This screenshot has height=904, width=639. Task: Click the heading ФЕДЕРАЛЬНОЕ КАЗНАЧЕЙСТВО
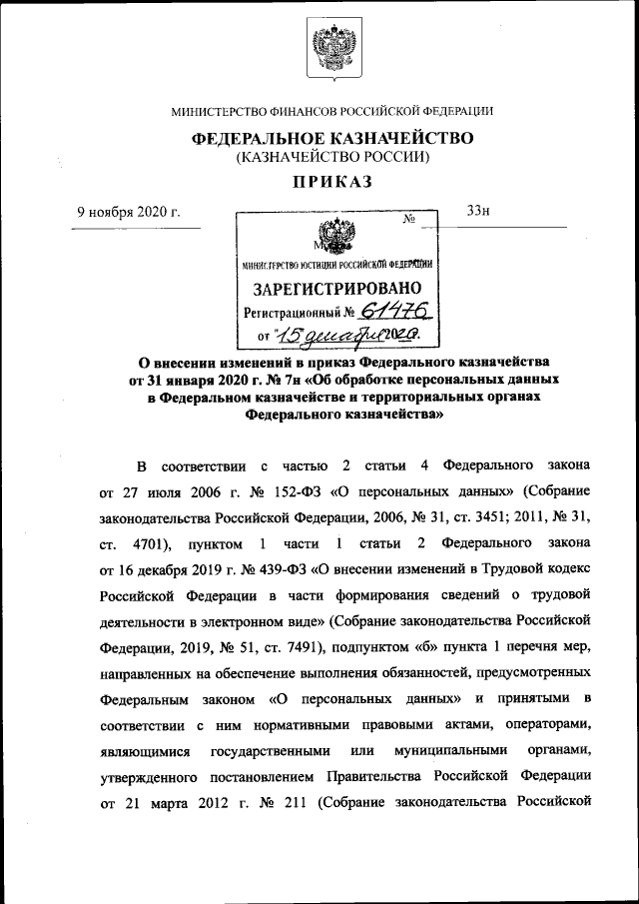tap(331, 138)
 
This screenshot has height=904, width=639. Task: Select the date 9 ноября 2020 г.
tap(129, 212)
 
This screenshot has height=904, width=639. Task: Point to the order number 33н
tap(478, 212)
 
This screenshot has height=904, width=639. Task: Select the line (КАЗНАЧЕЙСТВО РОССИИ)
tap(331, 157)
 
